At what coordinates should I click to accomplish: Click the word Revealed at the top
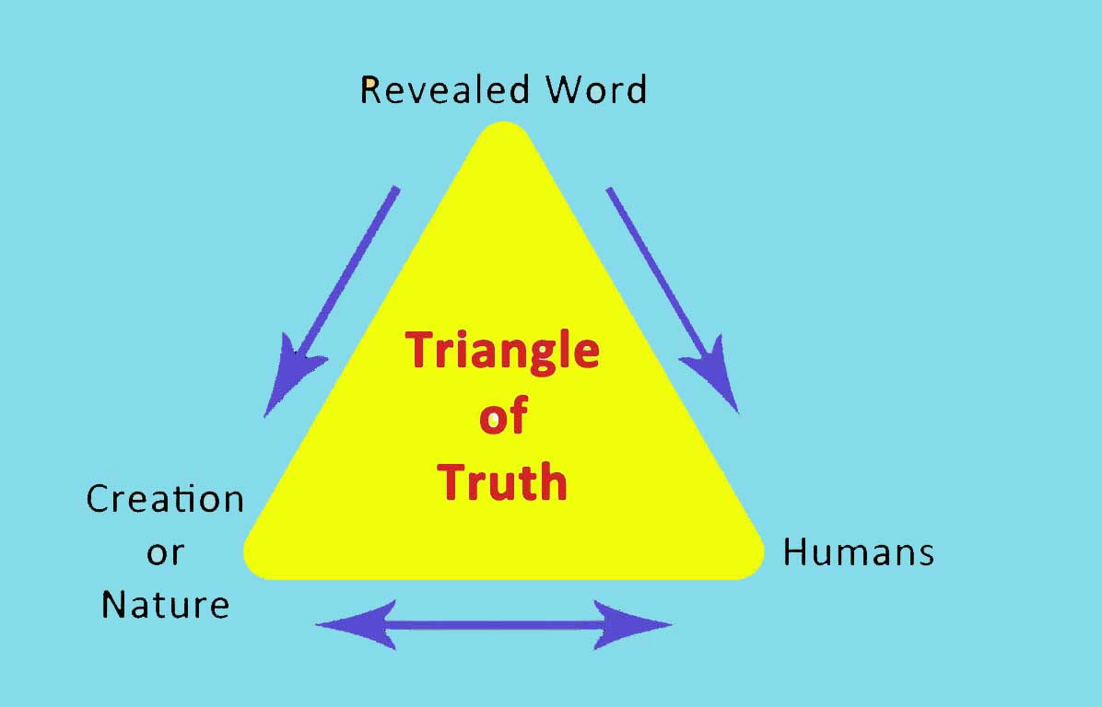pos(446,90)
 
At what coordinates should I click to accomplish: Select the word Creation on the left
pos(165,499)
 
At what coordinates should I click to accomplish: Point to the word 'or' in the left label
pos(165,552)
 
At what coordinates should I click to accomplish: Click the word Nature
pos(165,605)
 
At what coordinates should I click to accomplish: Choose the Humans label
pos(858,552)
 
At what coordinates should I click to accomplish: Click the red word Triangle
pos(503,351)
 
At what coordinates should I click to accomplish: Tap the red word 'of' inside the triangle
pos(502,416)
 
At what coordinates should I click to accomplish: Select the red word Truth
pos(502,481)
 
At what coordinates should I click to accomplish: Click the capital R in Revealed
pos(370,90)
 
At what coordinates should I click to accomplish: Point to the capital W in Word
pos(564,90)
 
